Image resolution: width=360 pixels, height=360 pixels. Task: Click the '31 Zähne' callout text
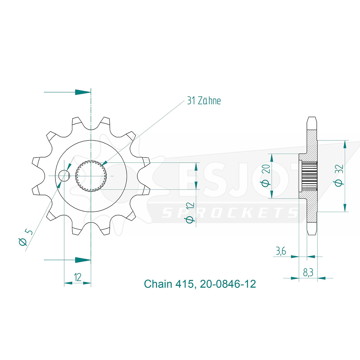pos(204,101)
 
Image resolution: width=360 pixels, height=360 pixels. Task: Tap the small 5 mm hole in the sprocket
pos(64,176)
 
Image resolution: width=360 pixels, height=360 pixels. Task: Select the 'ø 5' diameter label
pos(25,238)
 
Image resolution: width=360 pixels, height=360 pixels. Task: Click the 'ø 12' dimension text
pos(190,213)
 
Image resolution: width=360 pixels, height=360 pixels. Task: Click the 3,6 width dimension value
pos(281,251)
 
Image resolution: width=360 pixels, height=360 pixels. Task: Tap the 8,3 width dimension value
pos(308,273)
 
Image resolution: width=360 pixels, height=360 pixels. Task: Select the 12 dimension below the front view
pos(77,277)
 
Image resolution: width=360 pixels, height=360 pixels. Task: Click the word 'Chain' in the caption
pos(158,284)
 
